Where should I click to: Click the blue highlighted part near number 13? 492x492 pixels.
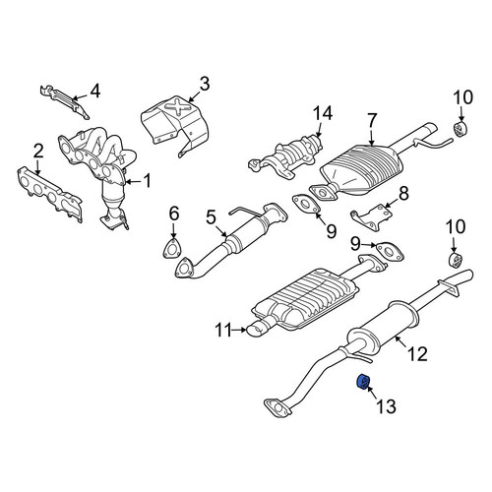click(363, 383)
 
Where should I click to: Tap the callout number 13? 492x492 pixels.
click(386, 406)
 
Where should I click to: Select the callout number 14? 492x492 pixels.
click(322, 113)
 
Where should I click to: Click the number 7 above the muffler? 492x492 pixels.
click(372, 121)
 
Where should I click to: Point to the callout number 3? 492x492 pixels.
click(204, 84)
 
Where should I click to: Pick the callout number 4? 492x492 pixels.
click(94, 92)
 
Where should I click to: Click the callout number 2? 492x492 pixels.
click(37, 152)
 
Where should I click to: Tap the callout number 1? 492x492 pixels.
click(148, 181)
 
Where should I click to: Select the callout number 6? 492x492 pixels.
click(174, 214)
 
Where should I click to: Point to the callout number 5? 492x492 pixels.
click(211, 217)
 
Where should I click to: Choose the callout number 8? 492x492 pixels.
click(403, 193)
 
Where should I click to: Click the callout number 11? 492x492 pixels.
click(224, 330)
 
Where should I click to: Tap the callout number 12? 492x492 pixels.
click(417, 353)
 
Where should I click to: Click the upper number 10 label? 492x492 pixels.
click(463, 97)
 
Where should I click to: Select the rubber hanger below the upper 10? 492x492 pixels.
click(461, 128)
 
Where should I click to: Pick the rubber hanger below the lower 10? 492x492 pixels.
click(455, 260)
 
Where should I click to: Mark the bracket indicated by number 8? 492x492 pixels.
click(372, 216)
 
